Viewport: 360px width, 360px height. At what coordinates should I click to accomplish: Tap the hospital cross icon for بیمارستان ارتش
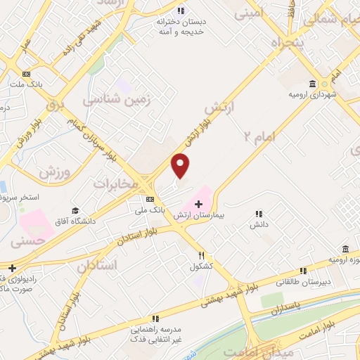[x=198, y=203]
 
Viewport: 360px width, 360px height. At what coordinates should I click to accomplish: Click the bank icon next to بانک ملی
[x=148, y=198]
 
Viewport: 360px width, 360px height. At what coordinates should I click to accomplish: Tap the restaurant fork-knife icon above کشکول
[x=201, y=256]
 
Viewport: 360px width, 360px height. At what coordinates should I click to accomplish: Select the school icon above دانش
[x=258, y=214]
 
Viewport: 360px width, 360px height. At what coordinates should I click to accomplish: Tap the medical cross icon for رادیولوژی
[x=12, y=267]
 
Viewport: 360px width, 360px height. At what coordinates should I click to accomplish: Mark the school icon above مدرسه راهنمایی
[x=155, y=318]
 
